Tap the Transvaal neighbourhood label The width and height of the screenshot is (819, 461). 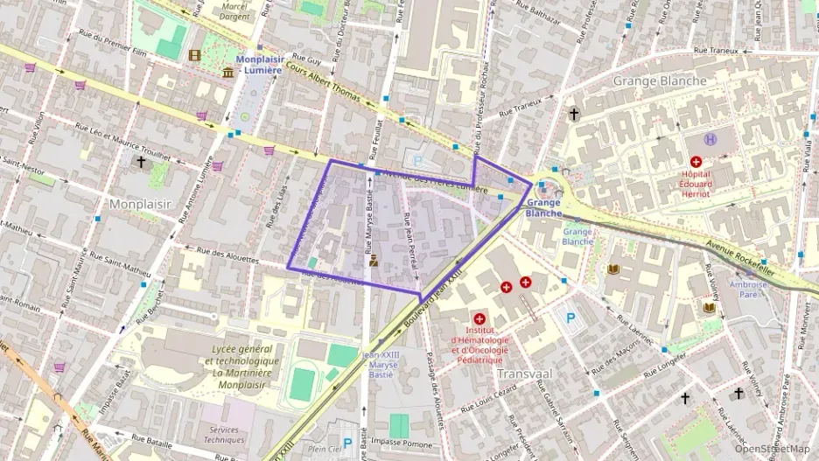click(523, 373)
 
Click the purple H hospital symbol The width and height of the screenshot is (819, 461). click(711, 138)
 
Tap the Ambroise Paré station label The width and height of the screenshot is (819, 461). click(748, 289)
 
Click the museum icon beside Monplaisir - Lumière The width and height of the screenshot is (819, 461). click(228, 71)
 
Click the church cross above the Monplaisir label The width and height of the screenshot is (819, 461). click(141, 162)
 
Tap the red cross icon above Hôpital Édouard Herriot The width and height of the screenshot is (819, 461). click(696, 162)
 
